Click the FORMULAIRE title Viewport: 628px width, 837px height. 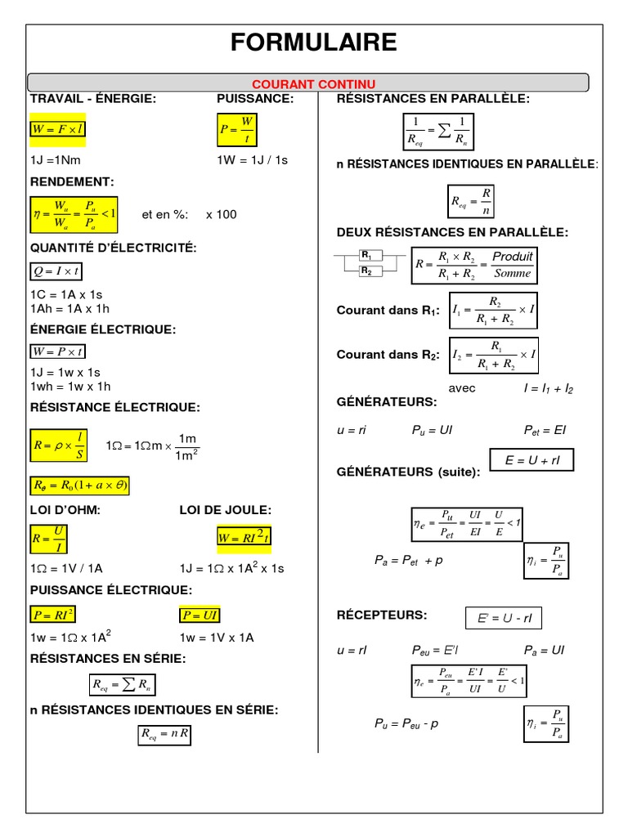[314, 43]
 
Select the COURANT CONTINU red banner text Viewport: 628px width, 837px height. [314, 83]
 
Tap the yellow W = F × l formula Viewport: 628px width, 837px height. [58, 129]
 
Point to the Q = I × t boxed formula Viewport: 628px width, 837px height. [56, 271]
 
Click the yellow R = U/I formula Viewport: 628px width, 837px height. [50, 539]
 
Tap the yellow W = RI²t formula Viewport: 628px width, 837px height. [244, 537]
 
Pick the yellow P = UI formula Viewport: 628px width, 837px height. [200, 615]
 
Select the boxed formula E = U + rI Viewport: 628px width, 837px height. [532, 460]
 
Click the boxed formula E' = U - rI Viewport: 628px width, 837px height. [504, 619]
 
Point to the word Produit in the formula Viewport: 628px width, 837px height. [513, 257]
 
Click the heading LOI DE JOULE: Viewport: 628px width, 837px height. [225, 510]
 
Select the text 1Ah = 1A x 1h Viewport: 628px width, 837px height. [70, 308]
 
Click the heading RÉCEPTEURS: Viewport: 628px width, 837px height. [382, 615]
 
